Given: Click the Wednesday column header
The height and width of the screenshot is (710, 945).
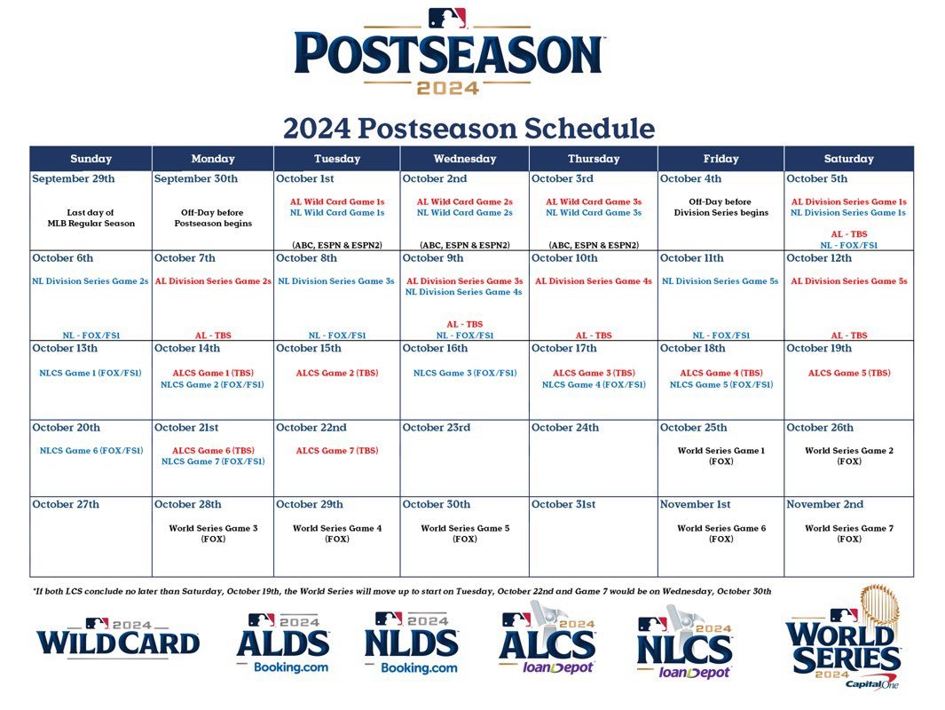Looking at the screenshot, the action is (465, 159).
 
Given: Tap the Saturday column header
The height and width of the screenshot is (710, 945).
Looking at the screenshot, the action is (848, 159).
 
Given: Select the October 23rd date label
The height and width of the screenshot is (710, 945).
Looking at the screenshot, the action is (437, 427).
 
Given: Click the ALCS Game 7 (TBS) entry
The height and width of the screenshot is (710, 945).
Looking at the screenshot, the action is (337, 450).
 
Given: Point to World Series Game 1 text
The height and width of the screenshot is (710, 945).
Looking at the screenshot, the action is (721, 450).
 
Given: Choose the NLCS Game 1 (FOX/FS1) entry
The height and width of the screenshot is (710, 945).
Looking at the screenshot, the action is (91, 373).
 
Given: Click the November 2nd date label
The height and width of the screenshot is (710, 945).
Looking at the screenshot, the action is (824, 504).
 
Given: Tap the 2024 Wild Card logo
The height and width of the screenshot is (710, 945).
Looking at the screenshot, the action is (118, 638).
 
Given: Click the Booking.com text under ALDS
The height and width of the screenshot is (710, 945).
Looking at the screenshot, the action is (291, 667).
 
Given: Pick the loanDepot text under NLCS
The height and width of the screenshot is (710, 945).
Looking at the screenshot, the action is (695, 672).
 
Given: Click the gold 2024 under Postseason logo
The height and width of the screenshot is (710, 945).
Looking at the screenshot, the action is (448, 89).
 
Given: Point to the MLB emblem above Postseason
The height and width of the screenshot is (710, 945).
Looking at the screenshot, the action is (447, 18).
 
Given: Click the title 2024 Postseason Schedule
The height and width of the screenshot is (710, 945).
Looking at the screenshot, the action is (469, 129).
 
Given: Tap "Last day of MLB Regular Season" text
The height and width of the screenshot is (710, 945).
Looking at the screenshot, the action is (91, 217).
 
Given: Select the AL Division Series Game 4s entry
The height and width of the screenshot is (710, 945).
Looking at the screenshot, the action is (594, 280).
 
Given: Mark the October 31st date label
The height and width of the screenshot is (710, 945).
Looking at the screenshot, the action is (563, 504).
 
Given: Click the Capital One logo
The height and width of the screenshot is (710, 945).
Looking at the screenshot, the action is (871, 684).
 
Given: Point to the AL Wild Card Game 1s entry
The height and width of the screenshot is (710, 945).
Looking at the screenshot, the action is (337, 202).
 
